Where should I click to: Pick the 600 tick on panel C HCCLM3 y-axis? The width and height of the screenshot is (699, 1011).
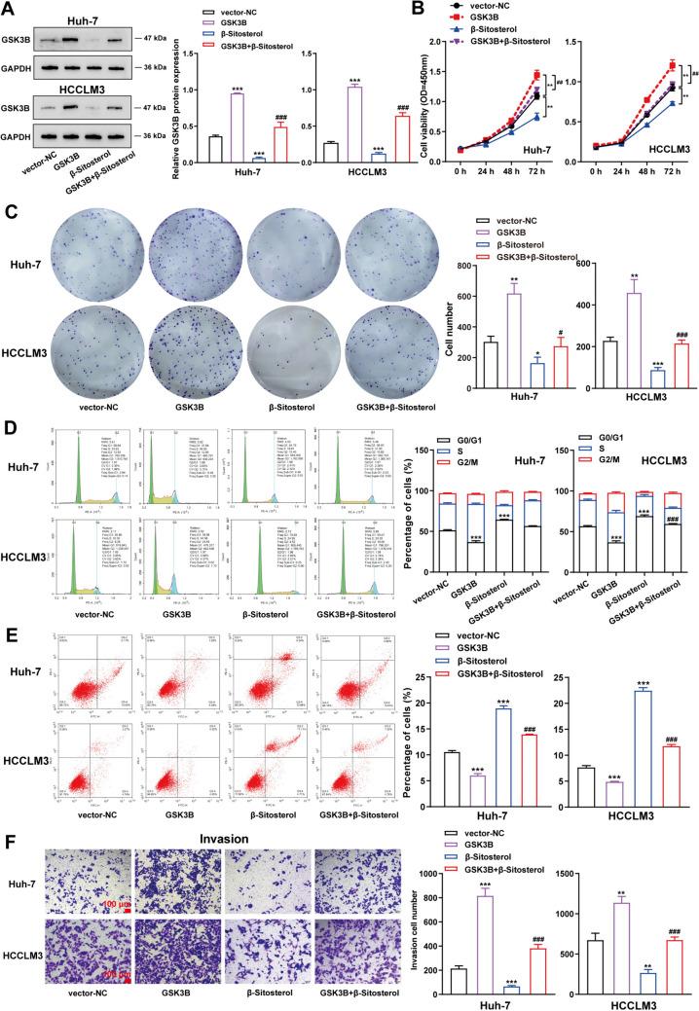(572, 263)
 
